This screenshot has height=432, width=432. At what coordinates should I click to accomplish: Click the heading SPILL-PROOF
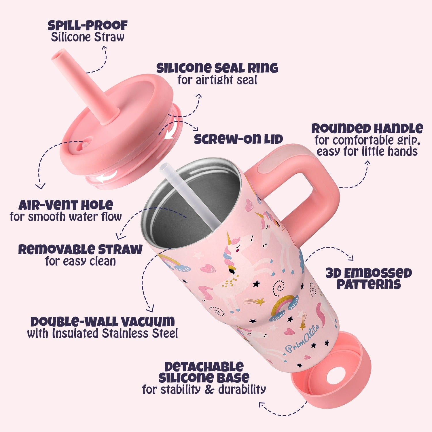[88, 25]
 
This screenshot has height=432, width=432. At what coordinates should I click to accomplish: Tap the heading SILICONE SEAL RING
[217, 68]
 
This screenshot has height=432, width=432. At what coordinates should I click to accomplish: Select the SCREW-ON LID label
[238, 139]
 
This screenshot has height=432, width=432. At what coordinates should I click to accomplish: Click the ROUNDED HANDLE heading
[367, 128]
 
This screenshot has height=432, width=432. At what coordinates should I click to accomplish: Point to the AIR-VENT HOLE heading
[66, 205]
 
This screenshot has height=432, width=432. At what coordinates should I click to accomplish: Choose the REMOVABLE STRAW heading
[80, 249]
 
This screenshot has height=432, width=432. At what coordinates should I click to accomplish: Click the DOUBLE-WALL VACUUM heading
[103, 322]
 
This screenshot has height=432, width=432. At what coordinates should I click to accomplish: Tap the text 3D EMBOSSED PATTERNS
[369, 278]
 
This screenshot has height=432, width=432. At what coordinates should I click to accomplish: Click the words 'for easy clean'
[80, 261]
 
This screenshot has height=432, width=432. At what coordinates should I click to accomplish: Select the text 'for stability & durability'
[204, 389]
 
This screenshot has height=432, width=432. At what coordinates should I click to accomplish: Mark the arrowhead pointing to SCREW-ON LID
[196, 128]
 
